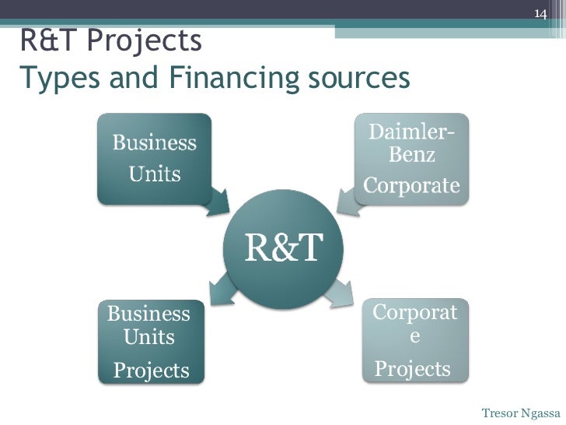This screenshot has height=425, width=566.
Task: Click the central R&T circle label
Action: click(x=284, y=248)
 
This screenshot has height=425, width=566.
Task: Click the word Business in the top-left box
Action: click(x=155, y=142)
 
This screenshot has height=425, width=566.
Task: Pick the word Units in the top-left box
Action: click(x=155, y=174)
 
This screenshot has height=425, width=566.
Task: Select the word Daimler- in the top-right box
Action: click(x=411, y=133)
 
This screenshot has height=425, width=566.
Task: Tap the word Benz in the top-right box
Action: click(x=411, y=156)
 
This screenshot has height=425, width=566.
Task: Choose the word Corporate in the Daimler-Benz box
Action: click(x=411, y=186)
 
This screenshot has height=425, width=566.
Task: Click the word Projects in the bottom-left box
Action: click(x=151, y=370)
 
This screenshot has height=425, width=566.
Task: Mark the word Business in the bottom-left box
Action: click(x=148, y=314)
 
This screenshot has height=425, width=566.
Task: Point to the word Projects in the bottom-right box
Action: click(x=412, y=368)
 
